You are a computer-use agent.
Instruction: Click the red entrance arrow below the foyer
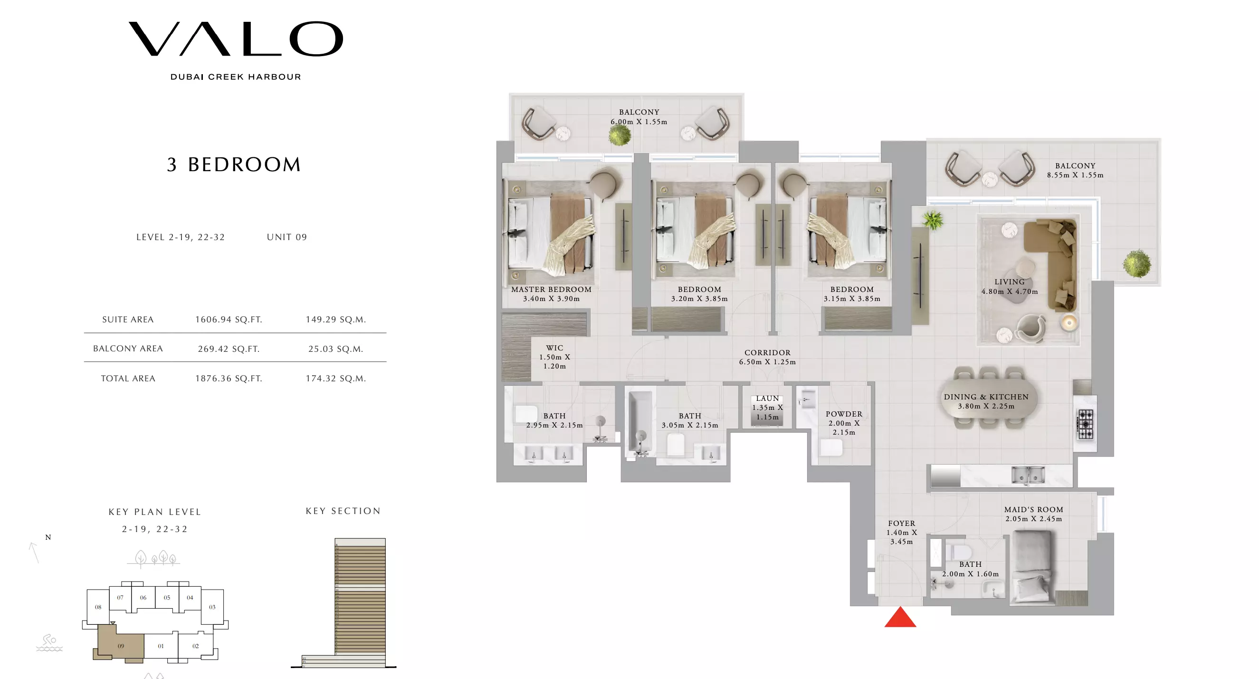pos(900,618)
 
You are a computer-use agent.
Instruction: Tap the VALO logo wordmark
pos(236,39)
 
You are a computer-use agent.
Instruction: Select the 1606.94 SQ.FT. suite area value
pos(229,320)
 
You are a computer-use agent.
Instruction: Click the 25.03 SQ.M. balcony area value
pos(335,349)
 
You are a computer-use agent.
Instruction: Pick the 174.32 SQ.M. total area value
pos(335,378)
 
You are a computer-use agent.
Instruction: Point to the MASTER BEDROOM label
pos(551,289)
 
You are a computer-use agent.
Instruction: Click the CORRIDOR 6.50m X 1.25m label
pos(767,357)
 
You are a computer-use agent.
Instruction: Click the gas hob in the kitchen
pos(1085,424)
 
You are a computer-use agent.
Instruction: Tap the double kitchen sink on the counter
pos(1028,475)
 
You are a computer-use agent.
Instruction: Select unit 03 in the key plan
pos(212,607)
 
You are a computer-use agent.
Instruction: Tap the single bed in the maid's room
pos(1032,567)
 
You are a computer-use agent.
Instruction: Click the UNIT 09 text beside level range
pos(287,237)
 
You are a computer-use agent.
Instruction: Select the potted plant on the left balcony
pos(620,135)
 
